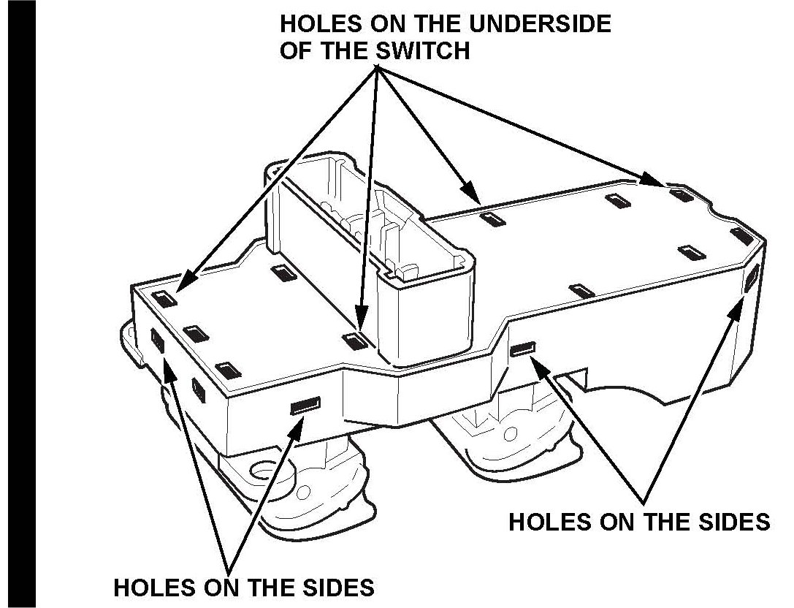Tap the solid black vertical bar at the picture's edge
pos(18,304)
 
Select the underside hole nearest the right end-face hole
pos(741,235)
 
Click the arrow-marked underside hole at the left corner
pos(167,297)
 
